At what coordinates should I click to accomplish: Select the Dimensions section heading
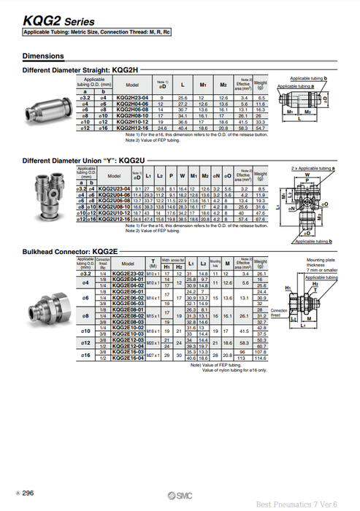(x=44, y=56)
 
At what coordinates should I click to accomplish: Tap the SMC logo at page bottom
(x=178, y=494)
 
